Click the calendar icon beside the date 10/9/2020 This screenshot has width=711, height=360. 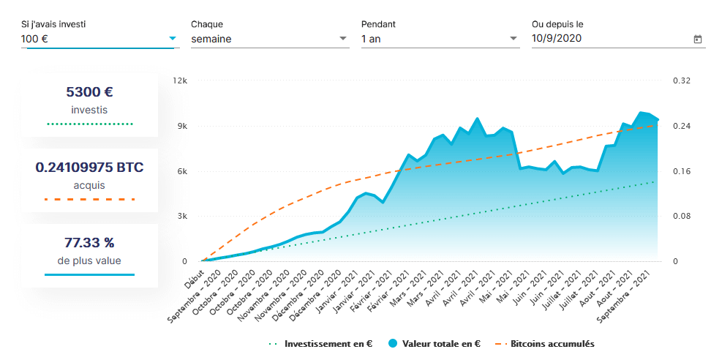pyautogui.click(x=697, y=40)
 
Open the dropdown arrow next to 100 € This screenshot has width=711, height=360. pyautogui.click(x=173, y=38)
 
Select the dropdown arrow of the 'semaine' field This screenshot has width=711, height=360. pyautogui.click(x=344, y=39)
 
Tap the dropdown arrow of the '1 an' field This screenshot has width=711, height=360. pyautogui.click(x=513, y=39)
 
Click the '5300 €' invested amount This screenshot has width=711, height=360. pyautogui.click(x=89, y=92)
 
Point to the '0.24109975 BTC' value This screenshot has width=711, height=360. pyautogui.click(x=89, y=168)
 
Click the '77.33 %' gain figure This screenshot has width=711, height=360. pyautogui.click(x=89, y=242)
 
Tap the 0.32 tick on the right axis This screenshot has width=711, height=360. pyautogui.click(x=681, y=80)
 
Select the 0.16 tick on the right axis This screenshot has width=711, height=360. pyautogui.click(x=681, y=171)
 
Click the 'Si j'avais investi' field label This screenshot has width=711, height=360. pyautogui.click(x=53, y=24)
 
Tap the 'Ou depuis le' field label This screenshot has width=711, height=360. pyautogui.click(x=557, y=24)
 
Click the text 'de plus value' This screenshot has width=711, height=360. pyautogui.click(x=89, y=260)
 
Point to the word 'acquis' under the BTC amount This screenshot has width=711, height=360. pyautogui.click(x=89, y=185)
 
